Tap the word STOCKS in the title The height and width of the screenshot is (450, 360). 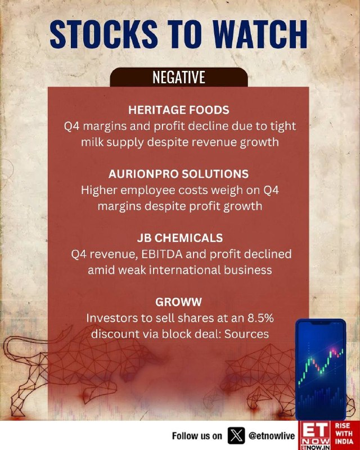[103, 34]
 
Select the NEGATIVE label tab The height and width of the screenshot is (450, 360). [178, 77]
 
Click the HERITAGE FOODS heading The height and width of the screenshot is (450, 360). [178, 110]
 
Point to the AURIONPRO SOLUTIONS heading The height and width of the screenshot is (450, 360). [178, 174]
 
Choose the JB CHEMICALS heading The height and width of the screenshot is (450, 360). [179, 238]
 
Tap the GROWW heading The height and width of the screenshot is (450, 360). [178, 302]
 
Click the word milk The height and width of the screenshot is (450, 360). [92, 142]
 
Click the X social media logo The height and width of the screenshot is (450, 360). [236, 435]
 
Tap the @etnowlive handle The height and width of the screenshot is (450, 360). [272, 436]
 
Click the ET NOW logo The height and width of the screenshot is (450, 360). [314, 435]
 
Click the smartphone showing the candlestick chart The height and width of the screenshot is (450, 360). [321, 370]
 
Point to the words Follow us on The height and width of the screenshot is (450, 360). [197, 436]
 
